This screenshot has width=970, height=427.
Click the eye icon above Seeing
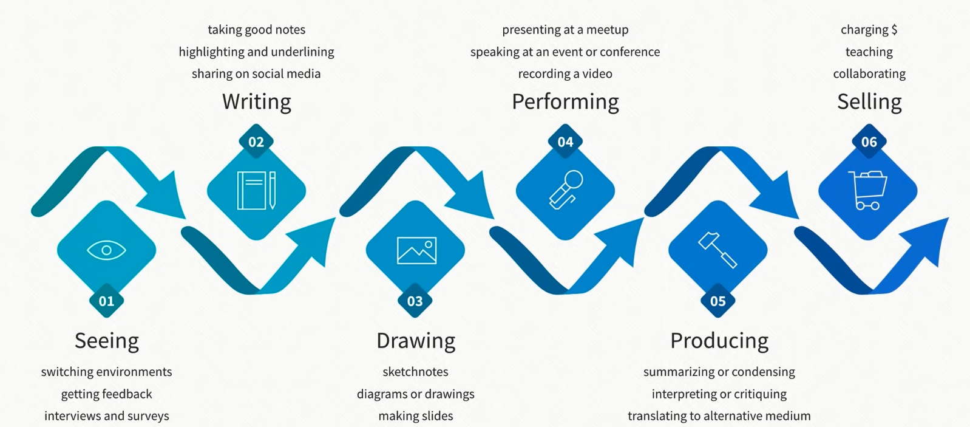(106, 250)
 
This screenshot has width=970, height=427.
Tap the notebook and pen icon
(256, 191)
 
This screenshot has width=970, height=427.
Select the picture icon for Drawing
(416, 250)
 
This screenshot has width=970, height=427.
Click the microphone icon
(565, 190)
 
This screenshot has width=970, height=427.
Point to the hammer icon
(717, 249)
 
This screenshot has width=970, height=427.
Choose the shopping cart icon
(867, 190)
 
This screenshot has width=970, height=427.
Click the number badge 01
(106, 301)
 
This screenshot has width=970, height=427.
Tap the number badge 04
(565, 142)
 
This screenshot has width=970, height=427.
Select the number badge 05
(717, 301)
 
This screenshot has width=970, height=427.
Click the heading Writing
(256, 101)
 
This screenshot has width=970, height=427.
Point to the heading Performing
(565, 101)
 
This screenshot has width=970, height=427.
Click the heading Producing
(719, 341)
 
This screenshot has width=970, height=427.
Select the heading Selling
(869, 101)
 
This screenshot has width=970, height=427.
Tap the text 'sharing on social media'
(256, 73)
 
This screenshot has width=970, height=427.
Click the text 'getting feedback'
(106, 394)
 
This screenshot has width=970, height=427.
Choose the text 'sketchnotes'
(415, 372)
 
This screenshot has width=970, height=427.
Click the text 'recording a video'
(565, 73)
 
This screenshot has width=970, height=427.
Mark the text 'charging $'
(869, 29)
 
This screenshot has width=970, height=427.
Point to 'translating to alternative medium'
(719, 415)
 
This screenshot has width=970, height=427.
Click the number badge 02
(256, 142)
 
